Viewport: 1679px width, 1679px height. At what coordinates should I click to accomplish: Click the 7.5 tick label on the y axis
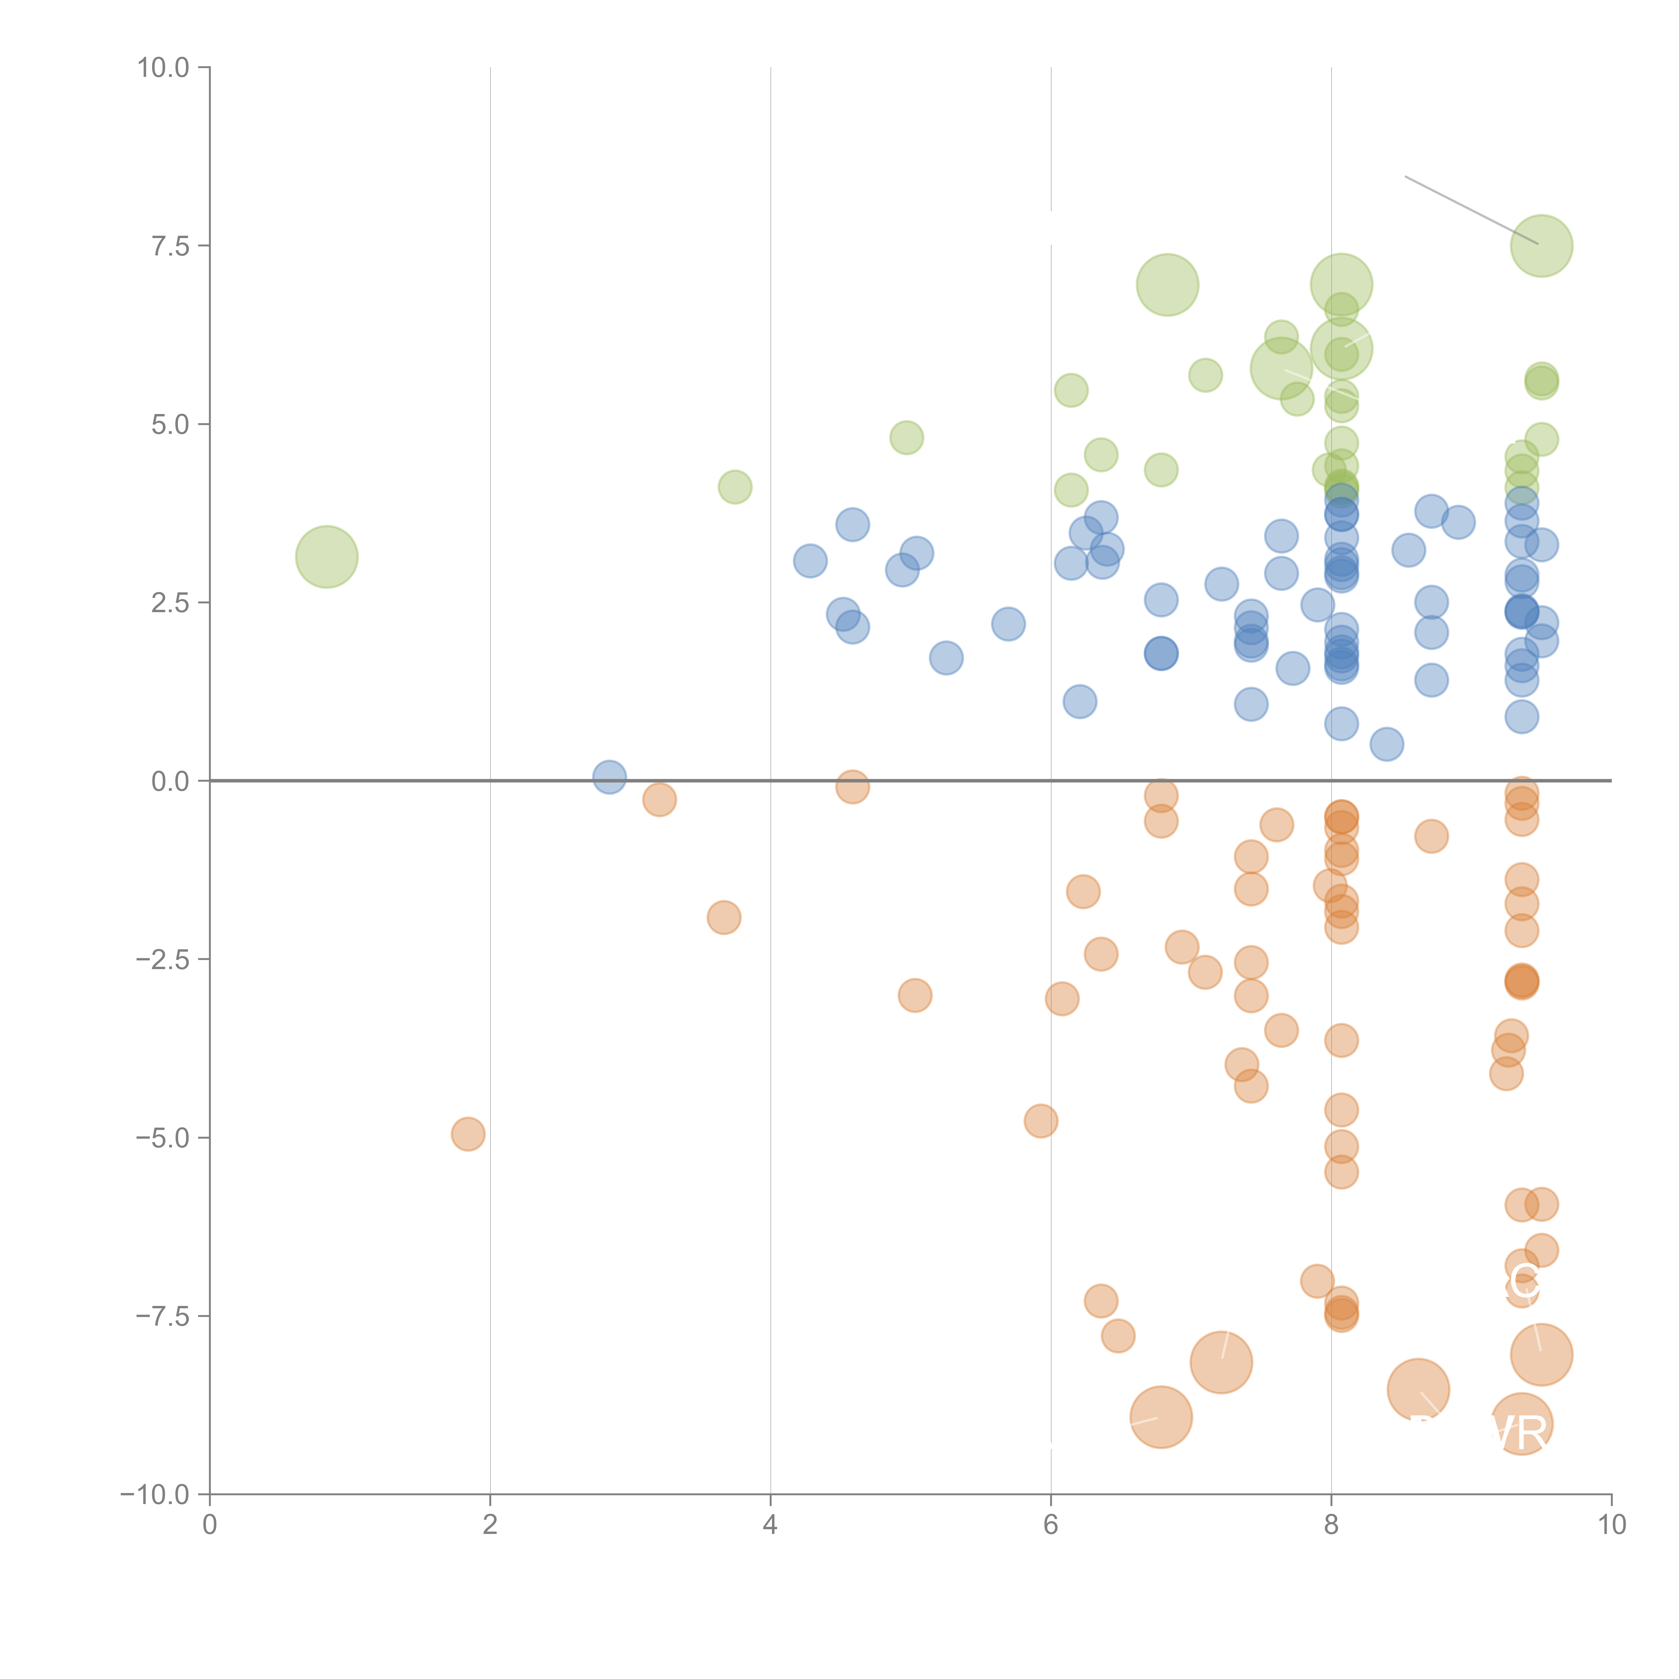[170, 246]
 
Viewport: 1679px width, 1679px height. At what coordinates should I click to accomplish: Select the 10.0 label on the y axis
[164, 68]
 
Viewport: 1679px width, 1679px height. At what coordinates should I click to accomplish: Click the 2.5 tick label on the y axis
[170, 603]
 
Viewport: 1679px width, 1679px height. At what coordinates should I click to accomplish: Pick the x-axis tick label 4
[770, 1525]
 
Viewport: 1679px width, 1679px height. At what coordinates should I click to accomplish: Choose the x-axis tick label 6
[1051, 1525]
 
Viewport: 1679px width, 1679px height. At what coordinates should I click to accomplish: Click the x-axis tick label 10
[1611, 1525]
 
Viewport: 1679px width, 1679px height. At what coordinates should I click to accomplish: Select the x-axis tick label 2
[490, 1525]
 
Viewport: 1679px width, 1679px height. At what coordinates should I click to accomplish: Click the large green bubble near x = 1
[327, 557]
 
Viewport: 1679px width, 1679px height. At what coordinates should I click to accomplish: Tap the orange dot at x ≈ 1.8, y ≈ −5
[467, 1134]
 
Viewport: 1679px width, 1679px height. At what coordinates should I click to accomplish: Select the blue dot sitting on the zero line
[609, 777]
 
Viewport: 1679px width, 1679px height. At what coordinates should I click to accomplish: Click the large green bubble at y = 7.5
[1541, 246]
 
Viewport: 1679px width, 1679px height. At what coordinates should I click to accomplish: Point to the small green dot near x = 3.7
[734, 487]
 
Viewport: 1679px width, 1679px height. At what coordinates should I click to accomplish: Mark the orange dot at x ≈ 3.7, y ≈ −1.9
[723, 917]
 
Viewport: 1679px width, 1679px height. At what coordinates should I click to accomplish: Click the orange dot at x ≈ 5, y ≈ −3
[914, 995]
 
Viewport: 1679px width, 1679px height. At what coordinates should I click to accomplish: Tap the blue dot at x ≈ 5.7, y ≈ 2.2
[1008, 624]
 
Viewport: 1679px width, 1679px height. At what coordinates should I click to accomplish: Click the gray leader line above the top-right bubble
[1469, 209]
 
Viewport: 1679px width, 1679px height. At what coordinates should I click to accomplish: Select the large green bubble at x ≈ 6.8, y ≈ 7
[1167, 285]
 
